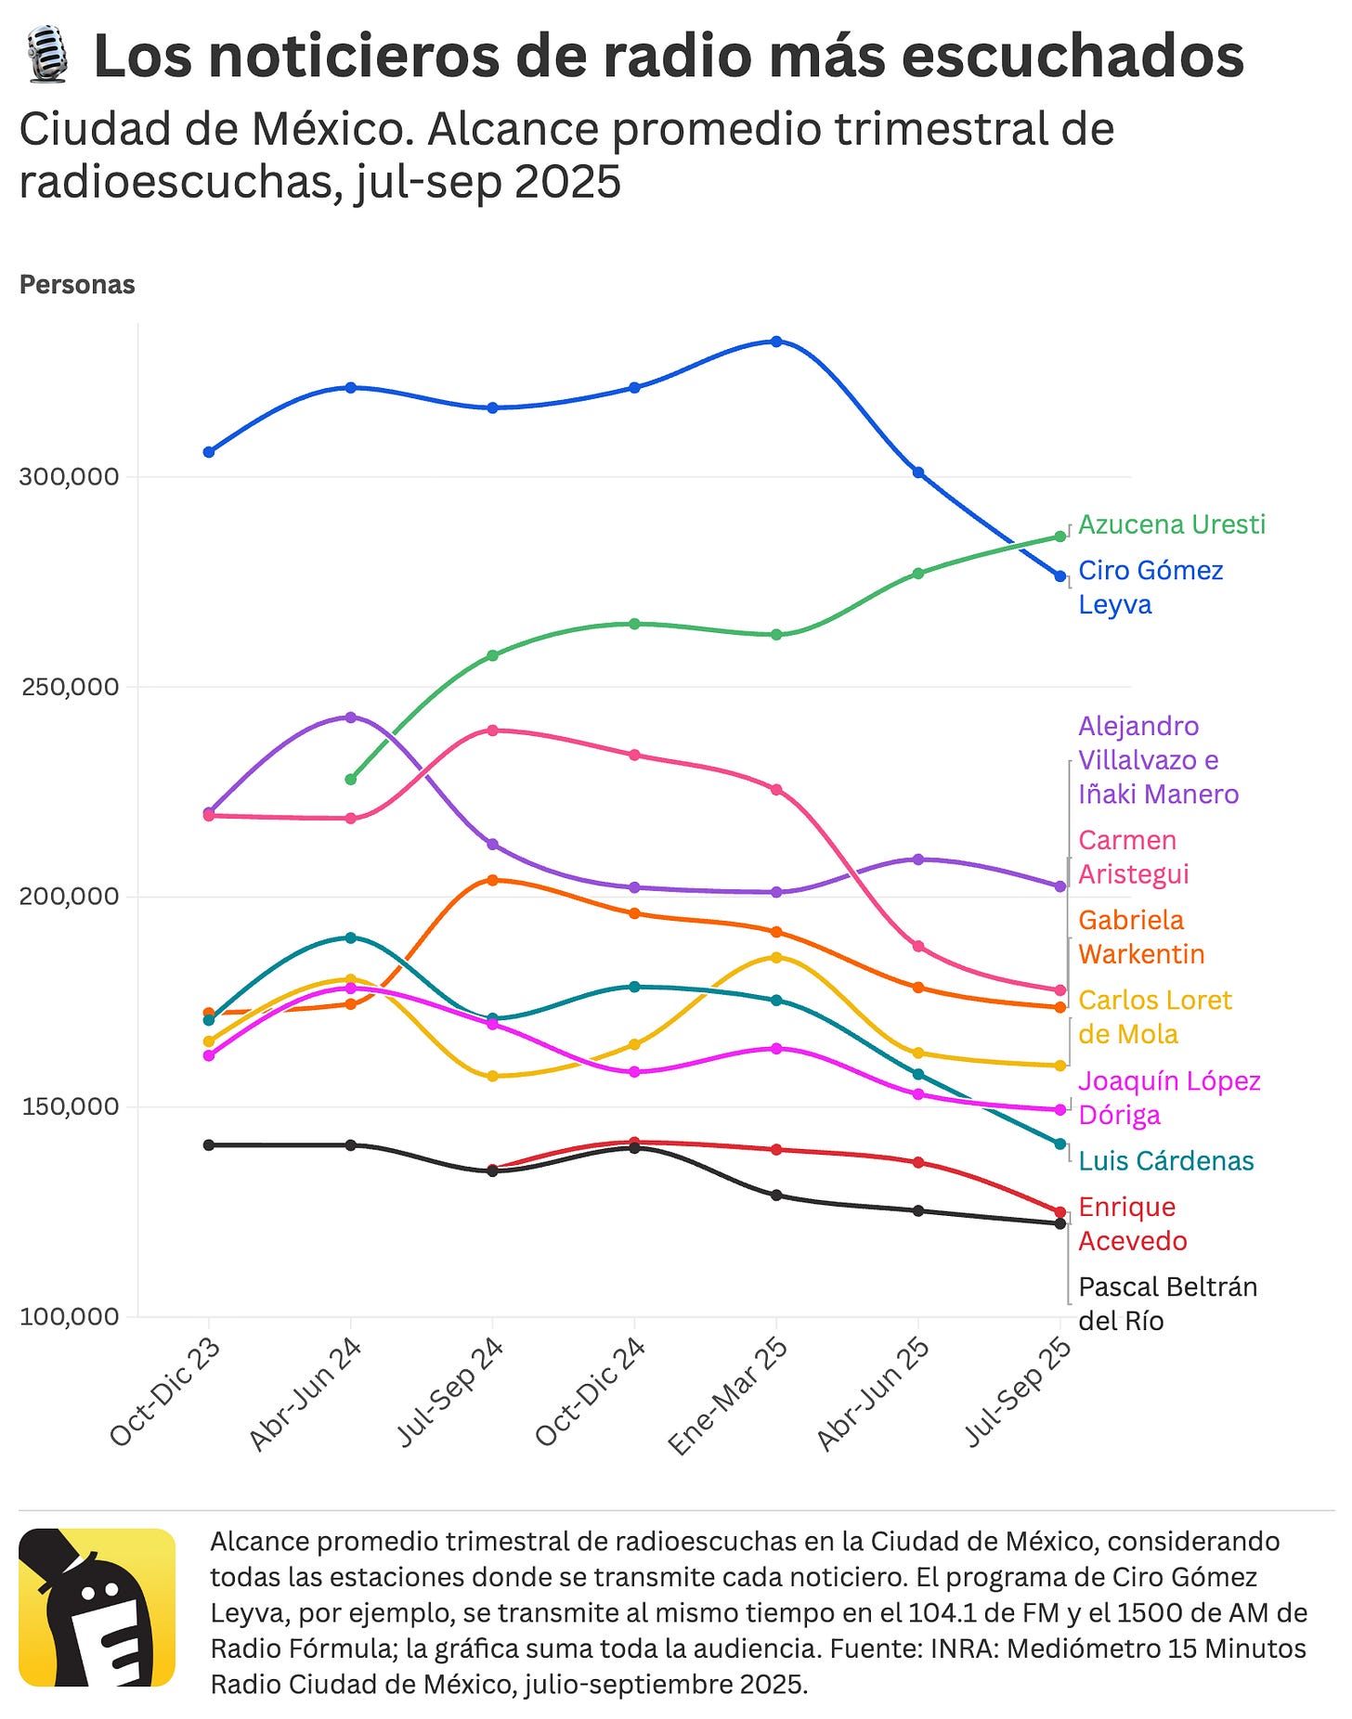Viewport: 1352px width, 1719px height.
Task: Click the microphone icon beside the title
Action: point(46,56)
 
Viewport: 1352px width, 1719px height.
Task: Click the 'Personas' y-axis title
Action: point(77,285)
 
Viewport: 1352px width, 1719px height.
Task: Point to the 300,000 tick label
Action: point(70,477)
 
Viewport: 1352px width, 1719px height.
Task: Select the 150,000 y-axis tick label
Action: point(70,1106)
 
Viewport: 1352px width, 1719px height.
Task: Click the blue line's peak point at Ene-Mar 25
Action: point(776,342)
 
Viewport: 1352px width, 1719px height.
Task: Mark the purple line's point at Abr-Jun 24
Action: point(350,717)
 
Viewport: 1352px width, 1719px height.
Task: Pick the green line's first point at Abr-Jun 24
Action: point(350,780)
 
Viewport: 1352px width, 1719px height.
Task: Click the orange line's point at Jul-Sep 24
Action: point(492,880)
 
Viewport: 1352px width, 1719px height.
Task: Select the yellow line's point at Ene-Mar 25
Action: point(776,957)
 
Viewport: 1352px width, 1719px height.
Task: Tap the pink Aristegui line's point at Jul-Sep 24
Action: point(492,730)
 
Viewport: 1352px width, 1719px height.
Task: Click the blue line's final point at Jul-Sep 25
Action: point(1059,576)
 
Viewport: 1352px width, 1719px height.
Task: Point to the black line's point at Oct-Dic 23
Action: point(208,1145)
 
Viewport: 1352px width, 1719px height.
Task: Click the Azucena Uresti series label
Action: point(1171,524)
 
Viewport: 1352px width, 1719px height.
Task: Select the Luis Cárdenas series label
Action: point(1165,1161)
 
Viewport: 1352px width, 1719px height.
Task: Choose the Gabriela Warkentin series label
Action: point(1140,937)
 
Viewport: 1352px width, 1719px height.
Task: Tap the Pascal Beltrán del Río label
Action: point(1166,1304)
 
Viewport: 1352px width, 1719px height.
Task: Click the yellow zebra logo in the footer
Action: point(97,1607)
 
